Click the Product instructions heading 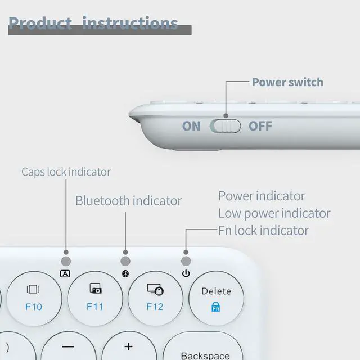point(93,23)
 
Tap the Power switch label point(287,82)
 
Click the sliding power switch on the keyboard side point(225,125)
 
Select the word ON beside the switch point(191,125)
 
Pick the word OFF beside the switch point(260,125)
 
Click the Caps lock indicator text point(66,172)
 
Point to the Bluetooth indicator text point(128,201)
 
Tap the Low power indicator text point(274,213)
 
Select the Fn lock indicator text point(263,230)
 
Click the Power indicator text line point(262,196)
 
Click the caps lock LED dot point(66,261)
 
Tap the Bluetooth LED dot point(125,261)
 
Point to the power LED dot point(186,261)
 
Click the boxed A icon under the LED point(65,274)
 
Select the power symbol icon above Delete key point(186,274)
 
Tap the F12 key point(155,298)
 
